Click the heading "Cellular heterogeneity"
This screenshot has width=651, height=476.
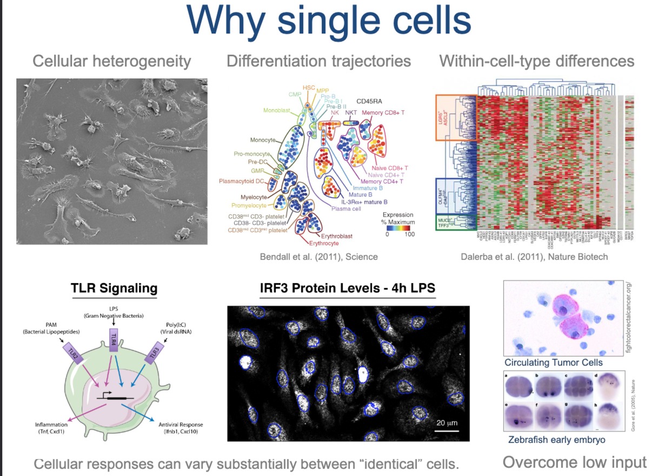[112, 61]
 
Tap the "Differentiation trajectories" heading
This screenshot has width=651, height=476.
[318, 61]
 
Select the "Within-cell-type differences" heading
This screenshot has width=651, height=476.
[536, 61]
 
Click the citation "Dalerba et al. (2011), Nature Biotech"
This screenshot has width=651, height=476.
[534, 257]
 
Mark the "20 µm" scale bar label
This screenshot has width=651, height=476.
[447, 422]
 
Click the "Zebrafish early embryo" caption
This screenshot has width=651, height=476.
[556, 440]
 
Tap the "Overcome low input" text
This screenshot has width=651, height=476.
[575, 462]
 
